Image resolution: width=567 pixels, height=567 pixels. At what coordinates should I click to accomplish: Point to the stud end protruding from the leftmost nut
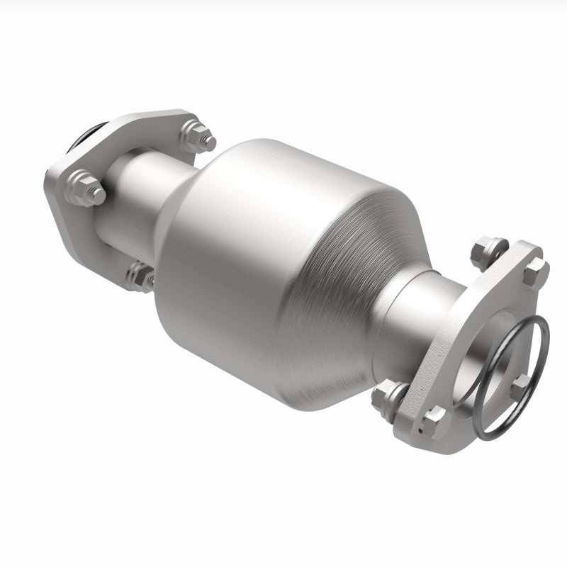(98, 194)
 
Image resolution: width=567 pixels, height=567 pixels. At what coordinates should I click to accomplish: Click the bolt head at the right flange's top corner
(535, 268)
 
